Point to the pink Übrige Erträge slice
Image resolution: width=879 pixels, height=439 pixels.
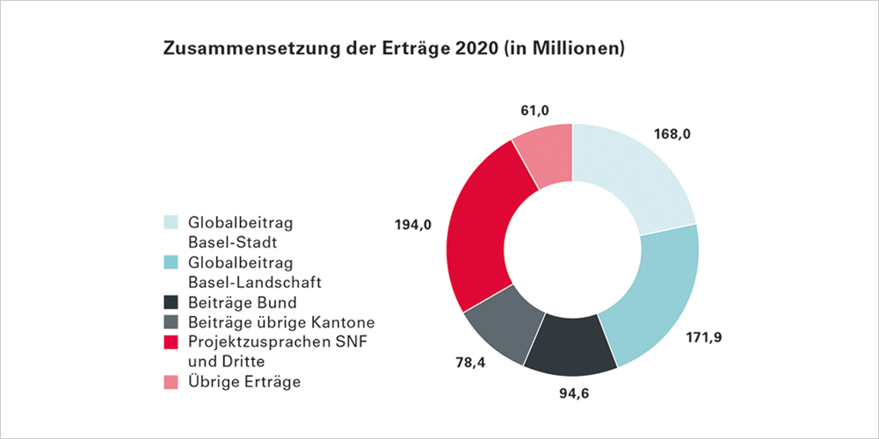tap(545, 153)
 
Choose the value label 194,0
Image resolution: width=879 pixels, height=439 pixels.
tap(412, 226)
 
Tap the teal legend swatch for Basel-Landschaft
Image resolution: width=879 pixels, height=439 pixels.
tap(171, 263)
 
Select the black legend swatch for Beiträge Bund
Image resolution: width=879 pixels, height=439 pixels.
tap(171, 303)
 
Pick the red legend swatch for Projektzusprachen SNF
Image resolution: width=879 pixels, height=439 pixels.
tap(171, 342)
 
